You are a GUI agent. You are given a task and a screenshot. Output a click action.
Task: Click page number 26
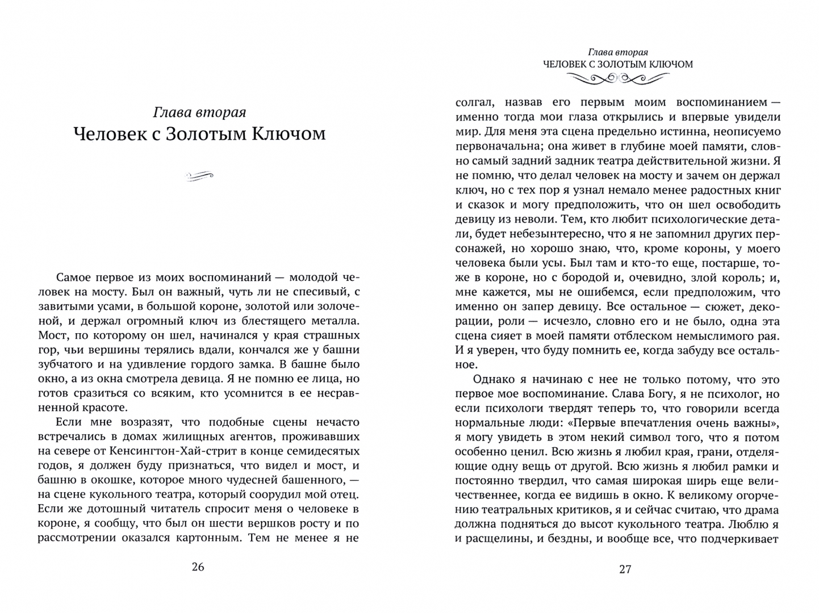tap(198, 566)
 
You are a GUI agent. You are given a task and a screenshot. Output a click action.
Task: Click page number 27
tap(625, 569)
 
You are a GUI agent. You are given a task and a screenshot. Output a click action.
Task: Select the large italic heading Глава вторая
tap(199, 112)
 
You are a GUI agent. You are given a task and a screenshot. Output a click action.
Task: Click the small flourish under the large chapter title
tap(199, 177)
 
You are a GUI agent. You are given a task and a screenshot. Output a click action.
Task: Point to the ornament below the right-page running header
tap(617, 80)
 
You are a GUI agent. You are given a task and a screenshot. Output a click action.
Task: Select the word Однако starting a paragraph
tap(492, 379)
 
